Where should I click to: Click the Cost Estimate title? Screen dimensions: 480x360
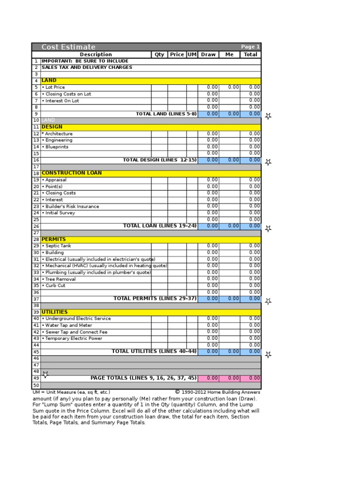pyautogui.click(x=68, y=47)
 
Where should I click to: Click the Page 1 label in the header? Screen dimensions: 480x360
pyautogui.click(x=250, y=47)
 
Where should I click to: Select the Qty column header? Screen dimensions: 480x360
pyautogui.click(x=159, y=54)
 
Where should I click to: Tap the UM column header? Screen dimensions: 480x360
pyautogui.click(x=192, y=54)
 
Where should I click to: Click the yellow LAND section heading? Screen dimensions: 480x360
pyautogui.click(x=49, y=81)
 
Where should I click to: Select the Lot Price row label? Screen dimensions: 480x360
pyautogui.click(x=53, y=87)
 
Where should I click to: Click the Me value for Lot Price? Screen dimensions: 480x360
pyautogui.click(x=230, y=87)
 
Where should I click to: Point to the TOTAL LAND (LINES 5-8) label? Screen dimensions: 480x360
pyautogui.click(x=166, y=114)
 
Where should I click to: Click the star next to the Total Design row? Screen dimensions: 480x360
pyautogui.click(x=268, y=162)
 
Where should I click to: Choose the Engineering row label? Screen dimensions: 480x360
pyautogui.click(x=57, y=140)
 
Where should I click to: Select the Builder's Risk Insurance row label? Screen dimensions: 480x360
pyautogui.click(x=70, y=206)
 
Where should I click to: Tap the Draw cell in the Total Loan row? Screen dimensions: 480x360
pyautogui.click(x=209, y=226)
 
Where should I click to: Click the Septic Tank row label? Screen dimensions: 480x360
pyautogui.click(x=57, y=246)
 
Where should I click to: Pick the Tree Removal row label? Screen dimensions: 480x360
pyautogui.click(x=59, y=279)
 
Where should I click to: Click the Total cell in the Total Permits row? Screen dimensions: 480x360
pyautogui.click(x=251, y=299)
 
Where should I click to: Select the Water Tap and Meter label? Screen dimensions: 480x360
pyautogui.click(x=67, y=325)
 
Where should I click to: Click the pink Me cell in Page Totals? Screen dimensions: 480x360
pyautogui.click(x=230, y=378)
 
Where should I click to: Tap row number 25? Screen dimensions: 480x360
pyautogui.click(x=36, y=219)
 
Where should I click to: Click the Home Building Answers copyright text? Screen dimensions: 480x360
pyautogui.click(x=218, y=392)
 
